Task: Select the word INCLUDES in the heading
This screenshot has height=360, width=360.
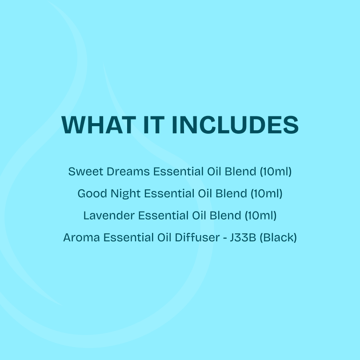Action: (235, 125)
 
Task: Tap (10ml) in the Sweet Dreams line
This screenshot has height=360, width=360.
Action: (276, 172)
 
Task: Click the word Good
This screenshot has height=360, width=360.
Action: (90, 194)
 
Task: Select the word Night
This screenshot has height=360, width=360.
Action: (124, 194)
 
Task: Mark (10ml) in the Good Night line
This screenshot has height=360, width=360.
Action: (266, 194)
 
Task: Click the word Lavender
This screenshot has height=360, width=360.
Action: (108, 216)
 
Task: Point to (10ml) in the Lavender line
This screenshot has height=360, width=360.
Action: (260, 216)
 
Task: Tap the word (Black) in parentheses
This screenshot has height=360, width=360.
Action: (278, 238)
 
